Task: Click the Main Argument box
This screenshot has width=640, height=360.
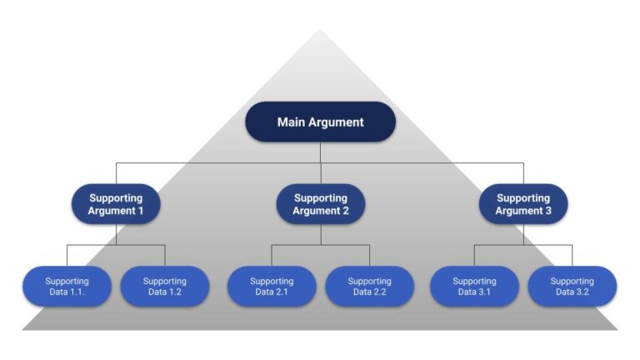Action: click(320, 122)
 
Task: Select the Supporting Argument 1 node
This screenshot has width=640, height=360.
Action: click(116, 204)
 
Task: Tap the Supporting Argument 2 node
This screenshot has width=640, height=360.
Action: click(320, 204)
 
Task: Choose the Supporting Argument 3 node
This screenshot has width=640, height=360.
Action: click(523, 204)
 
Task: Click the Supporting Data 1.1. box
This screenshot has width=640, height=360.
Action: click(67, 287)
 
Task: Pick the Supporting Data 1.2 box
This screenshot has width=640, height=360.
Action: click(165, 287)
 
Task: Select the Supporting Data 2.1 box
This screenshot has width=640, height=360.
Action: click(272, 287)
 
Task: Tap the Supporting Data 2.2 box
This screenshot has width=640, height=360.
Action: click(369, 287)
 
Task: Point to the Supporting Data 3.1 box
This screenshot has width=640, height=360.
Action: click(474, 287)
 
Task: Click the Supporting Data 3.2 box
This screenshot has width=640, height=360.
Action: click(572, 287)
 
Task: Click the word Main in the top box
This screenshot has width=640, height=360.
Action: click(291, 122)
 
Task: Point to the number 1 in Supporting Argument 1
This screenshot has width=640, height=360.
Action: click(141, 211)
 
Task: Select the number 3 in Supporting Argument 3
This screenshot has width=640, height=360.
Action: click(548, 211)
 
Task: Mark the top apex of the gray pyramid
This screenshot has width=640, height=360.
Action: click(320, 31)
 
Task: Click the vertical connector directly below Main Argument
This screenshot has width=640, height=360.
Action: click(320, 152)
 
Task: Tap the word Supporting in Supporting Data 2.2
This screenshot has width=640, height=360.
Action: click(369, 281)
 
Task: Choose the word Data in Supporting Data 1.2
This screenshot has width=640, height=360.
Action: click(154, 293)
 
